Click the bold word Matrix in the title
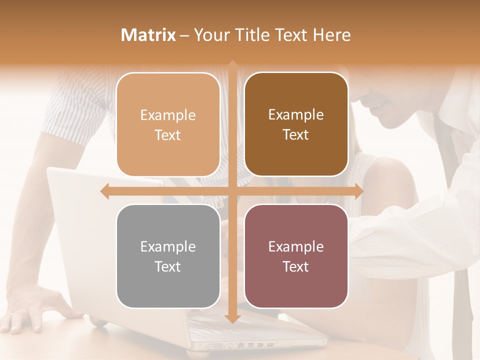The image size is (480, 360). point(148,35)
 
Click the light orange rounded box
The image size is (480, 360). point(168,124)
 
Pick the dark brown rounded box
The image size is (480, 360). point(296,124)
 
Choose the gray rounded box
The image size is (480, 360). point(168,256)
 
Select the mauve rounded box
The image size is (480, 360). point(296,256)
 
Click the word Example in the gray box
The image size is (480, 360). point(168,246)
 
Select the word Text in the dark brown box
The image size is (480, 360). point(296,135)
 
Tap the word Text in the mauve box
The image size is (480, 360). point(296,266)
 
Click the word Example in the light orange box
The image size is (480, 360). point(168,115)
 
